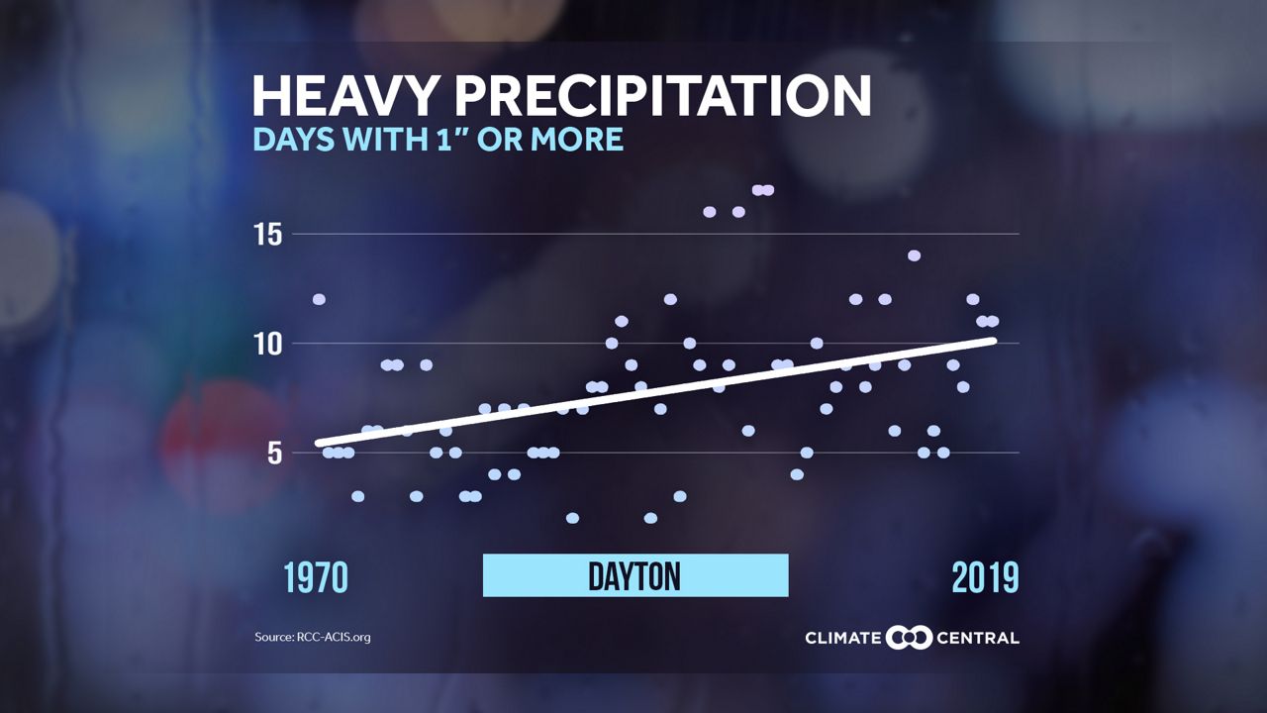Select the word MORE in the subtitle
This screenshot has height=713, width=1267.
577,139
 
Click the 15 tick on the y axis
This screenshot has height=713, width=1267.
270,235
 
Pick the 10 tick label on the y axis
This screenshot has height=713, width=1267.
270,344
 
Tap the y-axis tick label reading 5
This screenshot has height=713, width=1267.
276,453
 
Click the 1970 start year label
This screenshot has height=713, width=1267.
316,577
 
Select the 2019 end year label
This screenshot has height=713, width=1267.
985,577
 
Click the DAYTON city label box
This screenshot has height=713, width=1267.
634,575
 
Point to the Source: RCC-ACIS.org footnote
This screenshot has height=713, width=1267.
312,637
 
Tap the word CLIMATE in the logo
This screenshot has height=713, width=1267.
842,638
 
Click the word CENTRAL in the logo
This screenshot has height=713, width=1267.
978,638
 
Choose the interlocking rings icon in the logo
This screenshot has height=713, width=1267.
909,638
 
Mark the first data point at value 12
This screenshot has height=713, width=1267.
319,299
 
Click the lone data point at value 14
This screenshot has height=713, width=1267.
914,255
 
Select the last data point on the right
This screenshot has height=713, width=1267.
992,321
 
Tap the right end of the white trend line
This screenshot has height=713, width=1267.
992,341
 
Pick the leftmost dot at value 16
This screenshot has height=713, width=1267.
709,212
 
